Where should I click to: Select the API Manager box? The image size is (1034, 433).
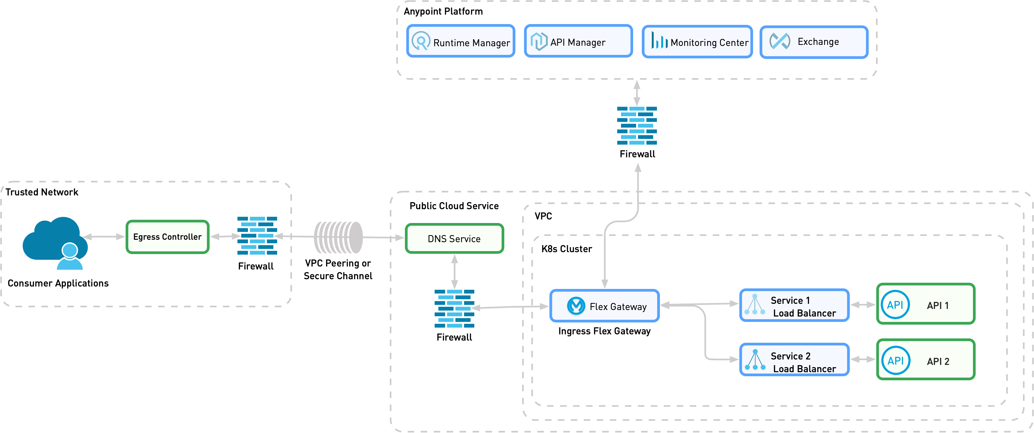tap(578, 41)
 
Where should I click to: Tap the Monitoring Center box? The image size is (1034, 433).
tap(697, 42)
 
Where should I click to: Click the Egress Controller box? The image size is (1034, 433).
tap(167, 237)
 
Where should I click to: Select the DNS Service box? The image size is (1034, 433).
tap(454, 239)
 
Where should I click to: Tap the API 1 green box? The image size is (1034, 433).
tap(926, 304)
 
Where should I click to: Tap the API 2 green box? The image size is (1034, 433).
tap(926, 360)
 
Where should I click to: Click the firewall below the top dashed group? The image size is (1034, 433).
tap(637, 125)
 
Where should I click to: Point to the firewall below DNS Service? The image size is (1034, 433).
tap(454, 308)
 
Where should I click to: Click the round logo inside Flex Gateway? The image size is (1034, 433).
tap(576, 306)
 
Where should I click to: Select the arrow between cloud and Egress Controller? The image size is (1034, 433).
tap(103, 237)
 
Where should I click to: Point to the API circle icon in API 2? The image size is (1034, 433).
tap(895, 360)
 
